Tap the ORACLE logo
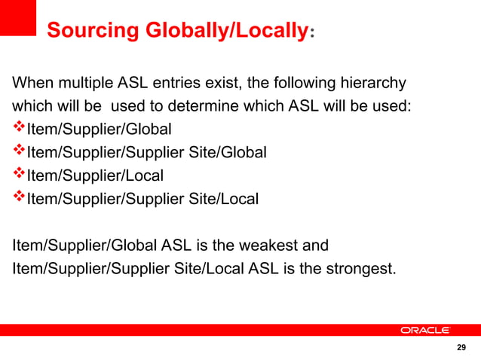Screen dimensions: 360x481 (x=425, y=331)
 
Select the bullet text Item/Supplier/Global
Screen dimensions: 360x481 (x=100, y=129)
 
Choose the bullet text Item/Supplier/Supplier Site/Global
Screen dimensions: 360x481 (x=147, y=153)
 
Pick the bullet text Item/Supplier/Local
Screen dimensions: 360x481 (x=95, y=176)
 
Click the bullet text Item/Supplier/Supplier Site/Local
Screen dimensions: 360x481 (x=142, y=200)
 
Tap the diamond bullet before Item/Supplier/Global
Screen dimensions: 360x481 (x=19, y=128)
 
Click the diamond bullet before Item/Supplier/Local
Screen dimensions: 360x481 (x=19, y=175)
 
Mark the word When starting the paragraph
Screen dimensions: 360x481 (x=31, y=82)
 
